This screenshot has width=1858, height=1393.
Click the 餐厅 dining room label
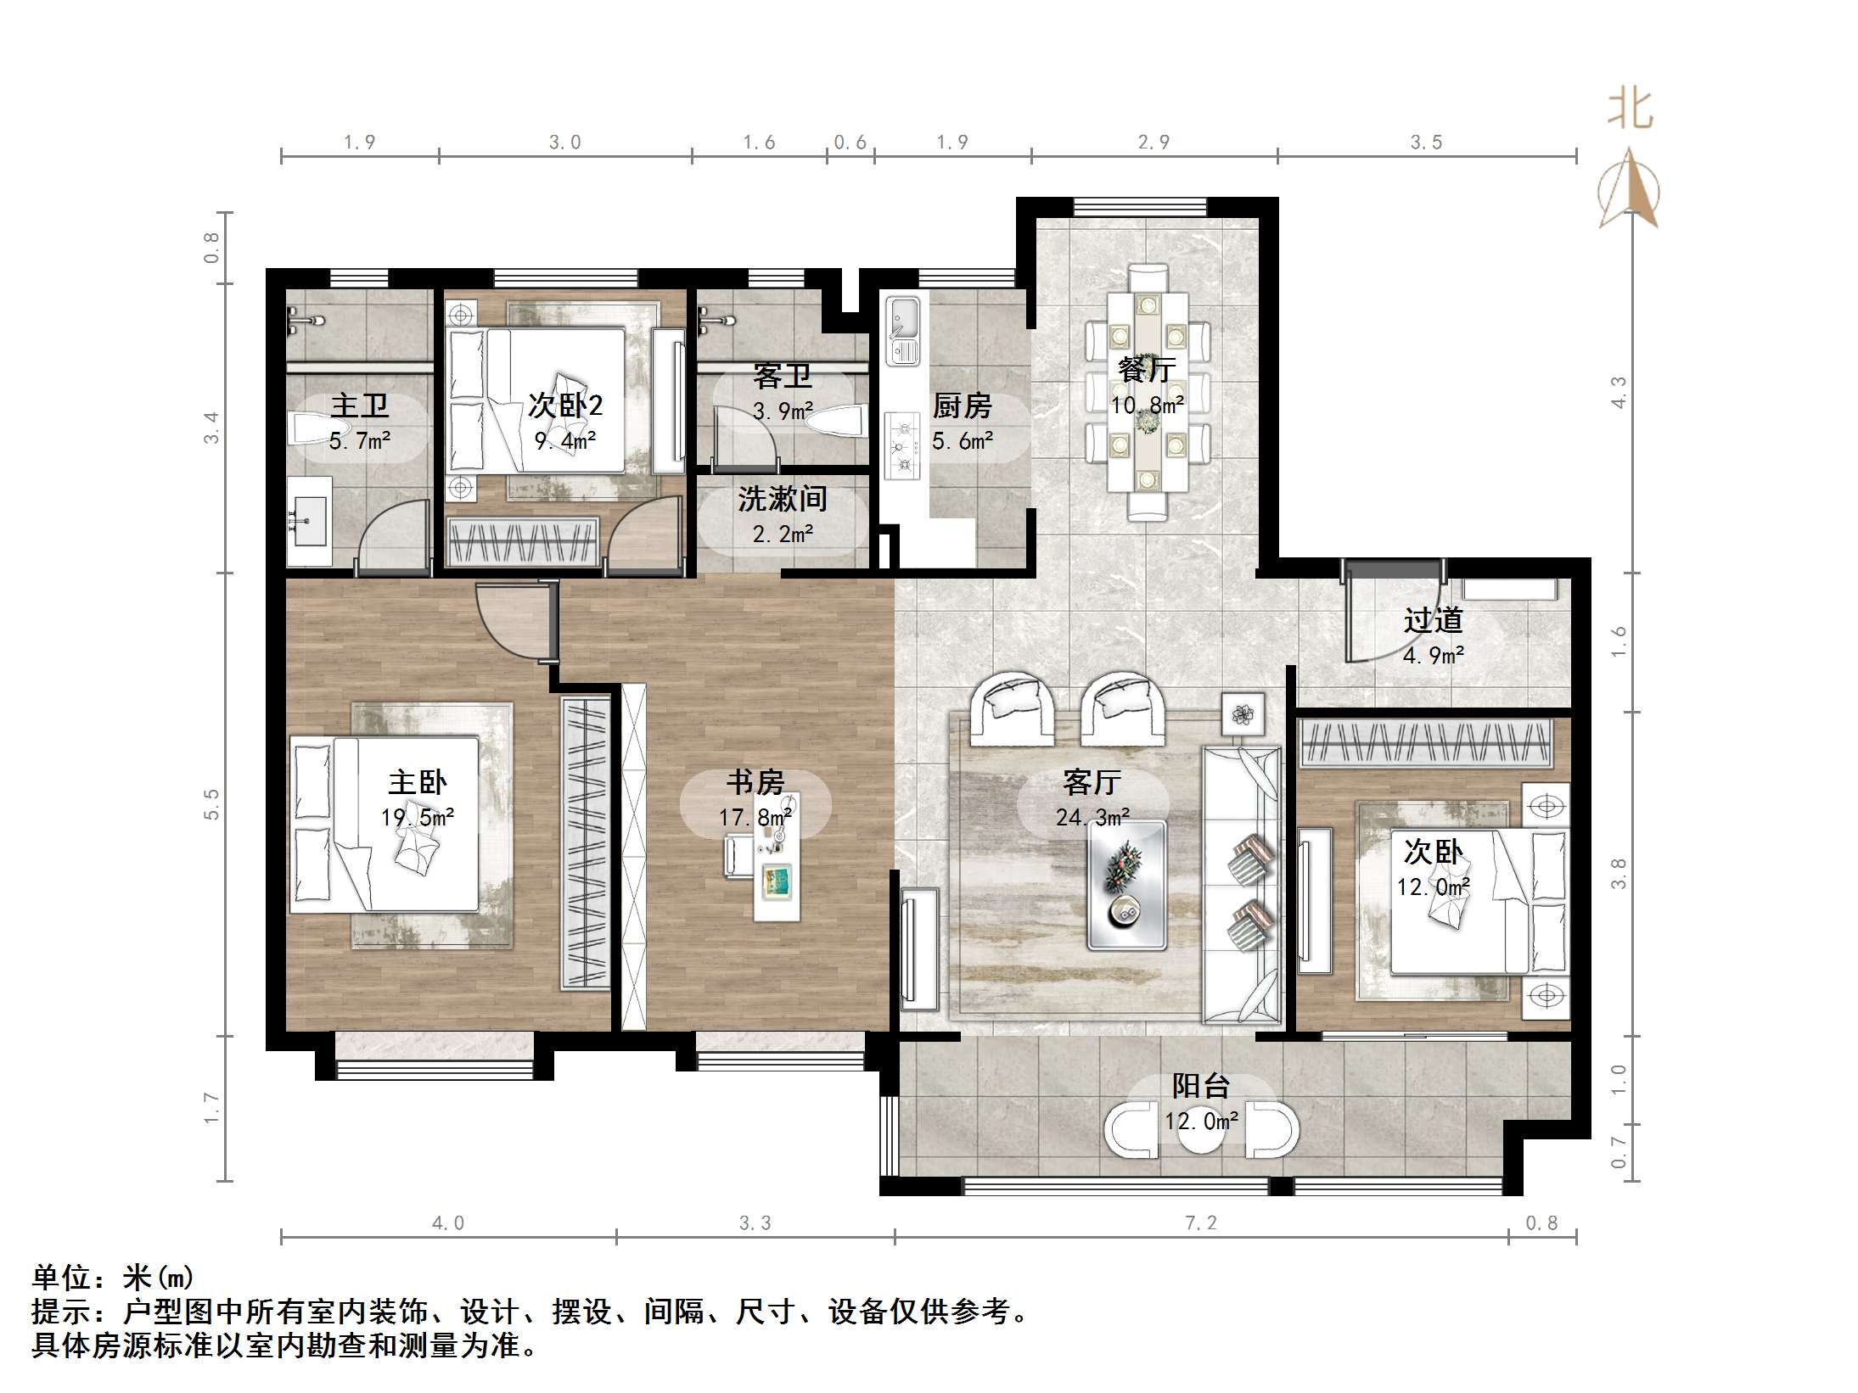pyautogui.click(x=1147, y=370)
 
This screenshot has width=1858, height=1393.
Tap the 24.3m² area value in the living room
pyautogui.click(x=1092, y=817)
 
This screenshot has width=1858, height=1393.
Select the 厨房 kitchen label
pyautogui.click(x=962, y=406)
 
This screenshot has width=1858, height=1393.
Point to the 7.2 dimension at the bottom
pyautogui.click(x=1200, y=1222)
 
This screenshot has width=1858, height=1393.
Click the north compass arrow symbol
pyautogui.click(x=1629, y=189)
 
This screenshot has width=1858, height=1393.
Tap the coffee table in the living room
pyautogui.click(x=1126, y=885)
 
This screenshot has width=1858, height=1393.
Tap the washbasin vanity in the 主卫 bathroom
pyautogui.click(x=308, y=520)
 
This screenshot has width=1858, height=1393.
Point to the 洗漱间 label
pyautogui.click(x=782, y=499)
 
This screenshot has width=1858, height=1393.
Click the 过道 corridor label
pyautogui.click(x=1433, y=621)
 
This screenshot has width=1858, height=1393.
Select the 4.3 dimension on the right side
pyautogui.click(x=1619, y=393)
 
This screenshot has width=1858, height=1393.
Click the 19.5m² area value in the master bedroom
pyautogui.click(x=417, y=817)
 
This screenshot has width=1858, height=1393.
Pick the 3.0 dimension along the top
pyautogui.click(x=564, y=143)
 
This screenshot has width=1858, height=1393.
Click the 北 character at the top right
pyautogui.click(x=1629, y=110)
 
